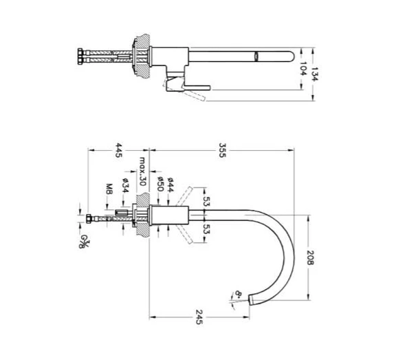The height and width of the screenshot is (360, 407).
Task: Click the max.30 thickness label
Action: tap(142, 173)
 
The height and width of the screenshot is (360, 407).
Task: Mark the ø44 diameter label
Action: tap(170, 182)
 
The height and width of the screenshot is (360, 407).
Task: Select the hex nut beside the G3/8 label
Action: tap(91, 220)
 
